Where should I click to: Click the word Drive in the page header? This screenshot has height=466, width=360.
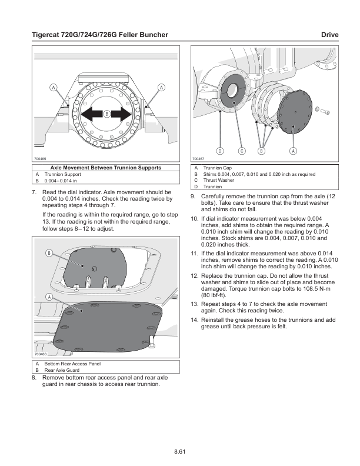[329, 35]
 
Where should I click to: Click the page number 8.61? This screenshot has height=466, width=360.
[180, 451]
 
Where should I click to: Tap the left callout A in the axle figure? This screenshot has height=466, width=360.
[53, 87]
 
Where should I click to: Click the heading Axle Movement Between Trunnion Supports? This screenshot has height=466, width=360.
[106, 168]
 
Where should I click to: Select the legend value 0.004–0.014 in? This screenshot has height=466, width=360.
[61, 181]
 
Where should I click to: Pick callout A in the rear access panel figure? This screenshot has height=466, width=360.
[49, 297]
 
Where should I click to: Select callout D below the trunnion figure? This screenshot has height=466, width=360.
[219, 151]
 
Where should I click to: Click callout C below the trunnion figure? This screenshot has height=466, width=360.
[241, 151]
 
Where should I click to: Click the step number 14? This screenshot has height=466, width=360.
[195, 320]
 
